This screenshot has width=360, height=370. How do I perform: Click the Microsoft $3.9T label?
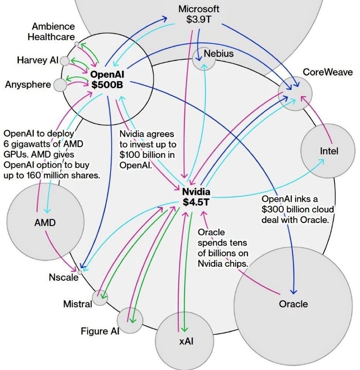click(199, 14)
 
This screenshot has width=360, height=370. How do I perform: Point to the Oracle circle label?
click(293, 304)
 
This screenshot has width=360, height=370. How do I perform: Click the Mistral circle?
click(99, 298)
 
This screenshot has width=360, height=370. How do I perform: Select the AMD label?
click(45, 223)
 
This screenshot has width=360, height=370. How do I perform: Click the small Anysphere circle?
click(60, 85)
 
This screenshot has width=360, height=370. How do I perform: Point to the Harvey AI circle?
click(65, 61)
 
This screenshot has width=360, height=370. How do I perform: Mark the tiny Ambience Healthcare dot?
click(77, 44)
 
